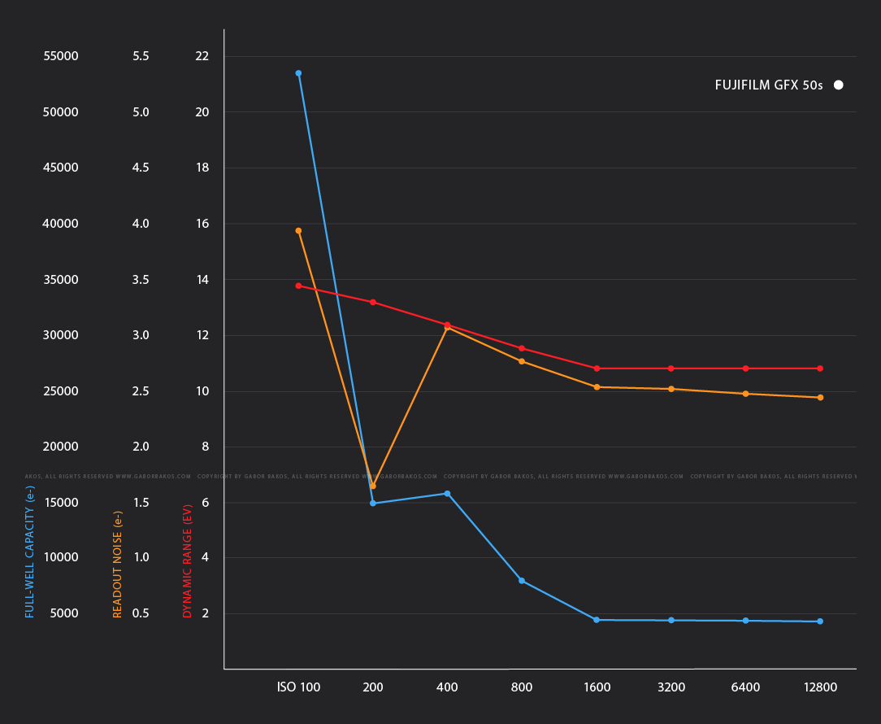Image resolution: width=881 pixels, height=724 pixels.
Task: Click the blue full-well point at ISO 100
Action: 298,73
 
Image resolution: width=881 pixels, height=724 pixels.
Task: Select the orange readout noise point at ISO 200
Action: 373,486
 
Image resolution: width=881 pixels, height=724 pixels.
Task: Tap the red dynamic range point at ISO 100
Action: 298,286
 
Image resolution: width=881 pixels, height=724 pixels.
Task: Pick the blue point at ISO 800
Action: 522,581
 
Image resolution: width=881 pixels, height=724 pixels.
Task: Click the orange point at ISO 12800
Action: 820,398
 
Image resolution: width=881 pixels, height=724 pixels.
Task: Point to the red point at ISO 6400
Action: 745,369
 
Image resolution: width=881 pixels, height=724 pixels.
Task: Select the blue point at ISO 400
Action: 447,494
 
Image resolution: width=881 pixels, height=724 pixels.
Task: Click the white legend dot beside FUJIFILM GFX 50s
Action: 838,85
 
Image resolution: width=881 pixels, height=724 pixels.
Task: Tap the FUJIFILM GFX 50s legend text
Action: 769,85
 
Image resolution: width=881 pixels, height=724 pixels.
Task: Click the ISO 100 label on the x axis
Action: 299,687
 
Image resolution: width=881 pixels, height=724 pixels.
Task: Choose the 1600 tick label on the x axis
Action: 597,687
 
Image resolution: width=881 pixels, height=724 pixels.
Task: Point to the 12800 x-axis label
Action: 820,687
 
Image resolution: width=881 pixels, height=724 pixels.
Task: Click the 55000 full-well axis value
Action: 60,56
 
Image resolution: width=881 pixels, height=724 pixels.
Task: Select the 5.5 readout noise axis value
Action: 141,56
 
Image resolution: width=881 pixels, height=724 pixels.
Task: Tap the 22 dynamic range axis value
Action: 202,56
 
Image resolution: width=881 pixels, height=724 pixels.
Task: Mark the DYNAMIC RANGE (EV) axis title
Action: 188,561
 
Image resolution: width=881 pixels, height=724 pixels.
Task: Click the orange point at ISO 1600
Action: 597,387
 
